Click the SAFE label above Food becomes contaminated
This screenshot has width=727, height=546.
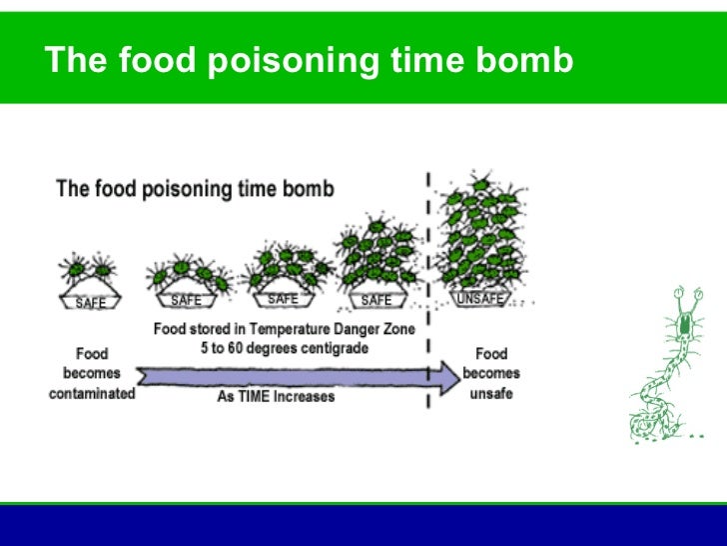(91, 303)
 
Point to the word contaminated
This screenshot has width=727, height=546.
(91, 393)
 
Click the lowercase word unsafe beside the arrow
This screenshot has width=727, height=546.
(490, 393)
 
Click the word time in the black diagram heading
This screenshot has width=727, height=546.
(258, 188)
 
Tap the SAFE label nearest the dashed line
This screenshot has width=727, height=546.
(376, 300)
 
